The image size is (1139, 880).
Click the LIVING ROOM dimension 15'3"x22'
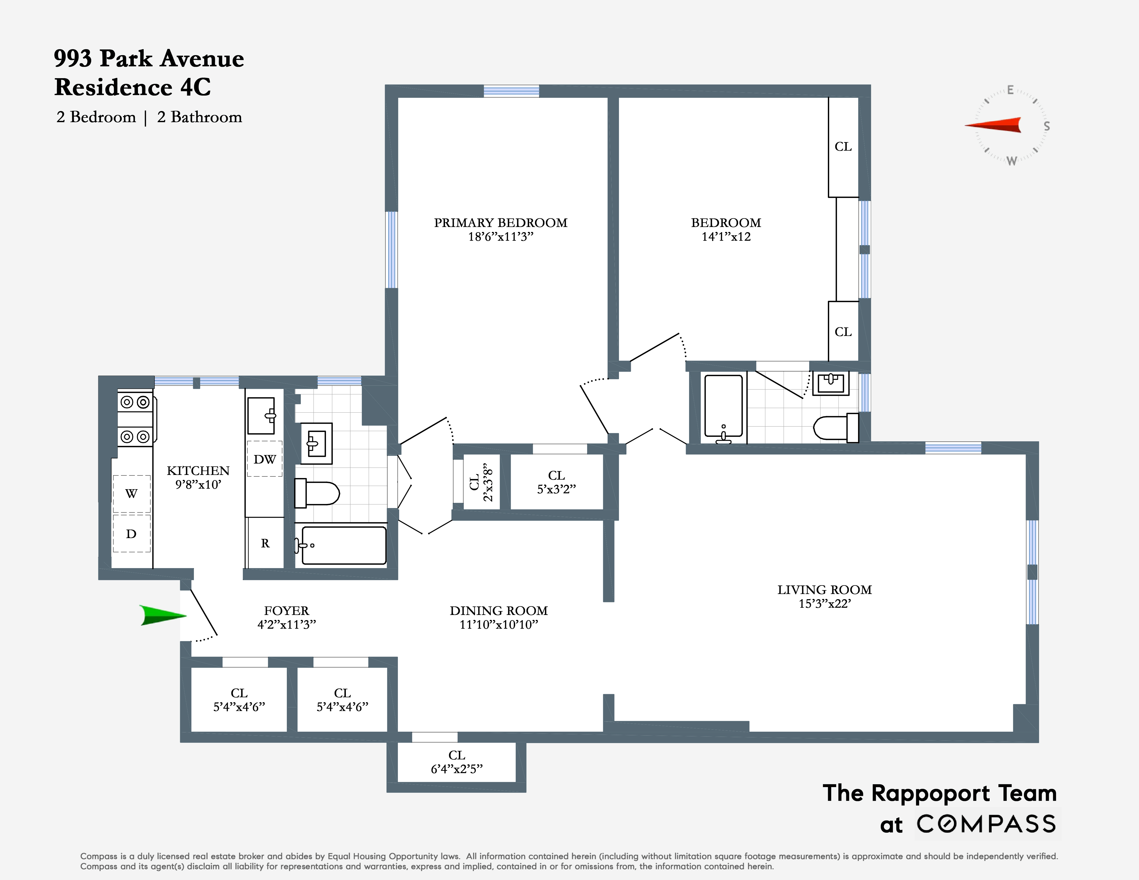click(824, 604)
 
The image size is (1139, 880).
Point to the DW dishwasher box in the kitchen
click(264, 459)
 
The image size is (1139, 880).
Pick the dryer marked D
click(132, 533)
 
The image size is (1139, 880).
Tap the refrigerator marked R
click(265, 543)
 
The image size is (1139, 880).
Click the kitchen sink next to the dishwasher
click(261, 415)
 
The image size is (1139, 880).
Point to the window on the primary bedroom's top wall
click(511, 91)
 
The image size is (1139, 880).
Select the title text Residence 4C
click(133, 87)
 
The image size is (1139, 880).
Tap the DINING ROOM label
click(499, 611)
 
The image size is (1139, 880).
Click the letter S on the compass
click(1046, 126)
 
